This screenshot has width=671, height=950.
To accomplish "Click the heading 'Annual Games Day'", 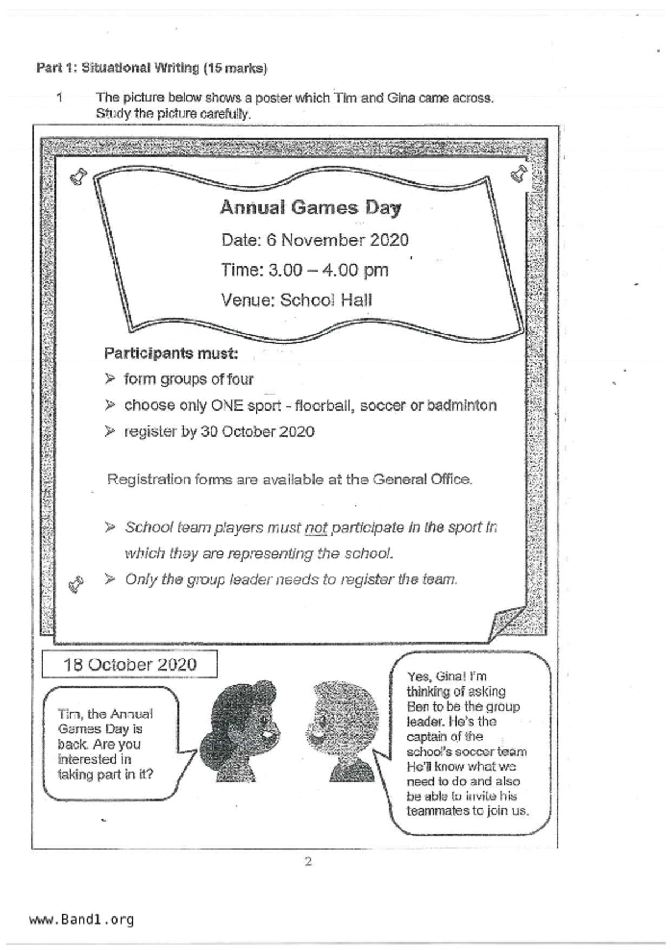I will tap(310, 208).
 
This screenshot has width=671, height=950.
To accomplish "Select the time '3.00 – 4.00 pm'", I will tap(328, 270).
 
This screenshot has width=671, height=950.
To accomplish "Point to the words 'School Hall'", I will tap(325, 300).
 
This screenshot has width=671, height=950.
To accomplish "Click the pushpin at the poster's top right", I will tap(519, 173).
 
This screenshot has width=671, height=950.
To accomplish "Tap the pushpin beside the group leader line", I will tap(76, 584).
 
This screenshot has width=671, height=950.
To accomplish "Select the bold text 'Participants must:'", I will tap(171, 354).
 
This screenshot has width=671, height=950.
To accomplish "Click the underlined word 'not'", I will tap(316, 528).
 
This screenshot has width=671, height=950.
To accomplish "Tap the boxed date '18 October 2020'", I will tap(129, 665).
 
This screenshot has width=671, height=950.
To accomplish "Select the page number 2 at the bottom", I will tap(308, 862).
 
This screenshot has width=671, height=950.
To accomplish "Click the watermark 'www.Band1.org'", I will tap(81, 919).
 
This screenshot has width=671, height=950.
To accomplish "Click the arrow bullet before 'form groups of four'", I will tap(110, 379).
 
